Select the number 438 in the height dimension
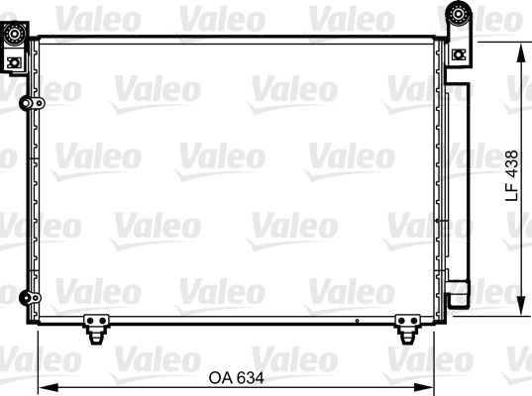tap(512, 162)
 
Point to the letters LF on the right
tap(512, 193)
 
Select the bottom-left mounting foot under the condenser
tap(96, 328)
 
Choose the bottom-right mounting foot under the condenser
tap(406, 328)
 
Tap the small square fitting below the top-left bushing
tap(13, 62)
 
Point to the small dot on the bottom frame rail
tap(354, 321)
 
